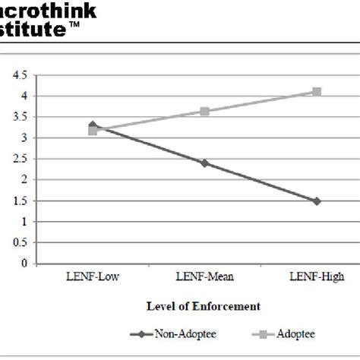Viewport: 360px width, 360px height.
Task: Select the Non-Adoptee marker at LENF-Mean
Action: pyautogui.click(x=204, y=163)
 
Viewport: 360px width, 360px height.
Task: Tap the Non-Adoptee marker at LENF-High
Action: pyautogui.click(x=317, y=201)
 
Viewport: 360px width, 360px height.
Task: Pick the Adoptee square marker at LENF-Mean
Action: pyautogui.click(x=204, y=112)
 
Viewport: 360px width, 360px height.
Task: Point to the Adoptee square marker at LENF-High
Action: pyautogui.click(x=317, y=92)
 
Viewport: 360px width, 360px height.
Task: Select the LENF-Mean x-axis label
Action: pyautogui.click(x=204, y=277)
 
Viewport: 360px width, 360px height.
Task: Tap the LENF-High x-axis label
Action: pyautogui.click(x=316, y=277)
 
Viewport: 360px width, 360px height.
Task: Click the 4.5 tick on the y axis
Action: pyautogui.click(x=21, y=75)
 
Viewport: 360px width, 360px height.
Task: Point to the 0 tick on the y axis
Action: pyautogui.click(x=24, y=264)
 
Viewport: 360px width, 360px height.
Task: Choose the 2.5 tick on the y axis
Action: pyautogui.click(x=21, y=159)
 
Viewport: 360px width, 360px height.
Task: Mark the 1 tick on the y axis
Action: pyautogui.click(x=24, y=223)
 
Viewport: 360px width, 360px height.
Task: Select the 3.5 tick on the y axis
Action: pyautogui.click(x=21, y=117)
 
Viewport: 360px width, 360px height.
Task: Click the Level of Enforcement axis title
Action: pyautogui.click(x=203, y=306)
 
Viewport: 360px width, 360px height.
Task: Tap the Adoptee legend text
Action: pyautogui.click(x=295, y=333)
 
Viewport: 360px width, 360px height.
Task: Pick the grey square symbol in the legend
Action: pyautogui.click(x=258, y=333)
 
